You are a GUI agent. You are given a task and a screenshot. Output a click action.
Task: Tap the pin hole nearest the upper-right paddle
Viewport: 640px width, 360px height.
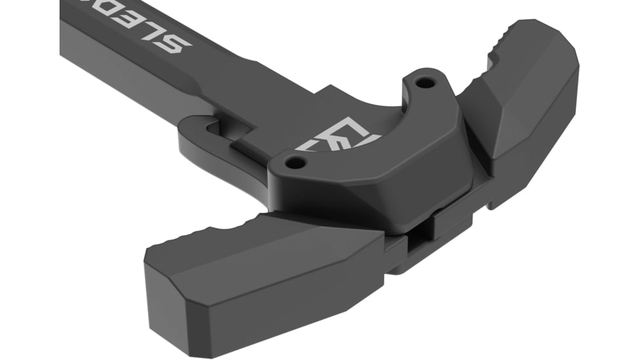(x=426, y=84)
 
